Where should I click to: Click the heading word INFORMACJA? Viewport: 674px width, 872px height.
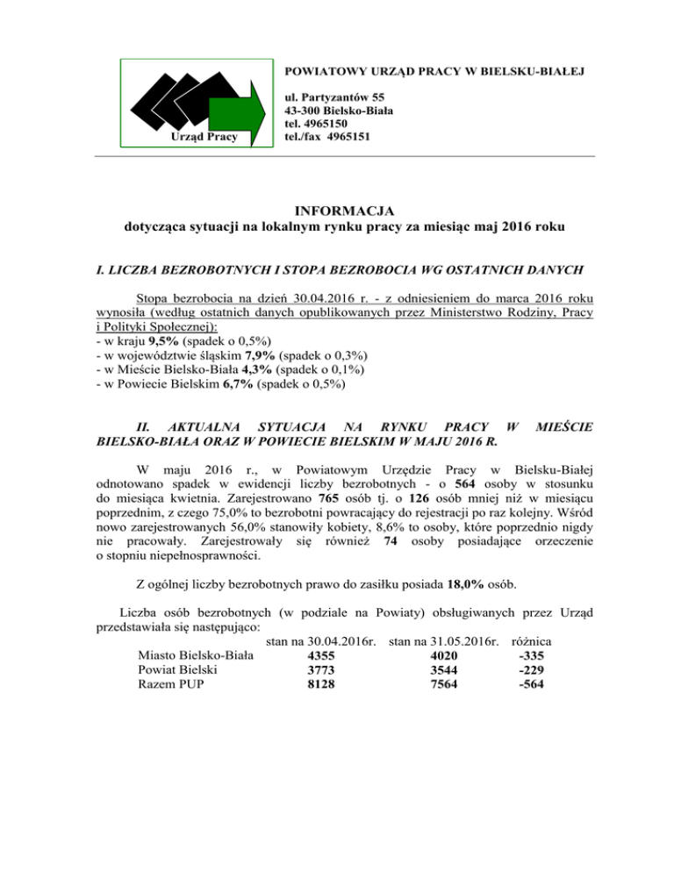pos(337,211)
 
